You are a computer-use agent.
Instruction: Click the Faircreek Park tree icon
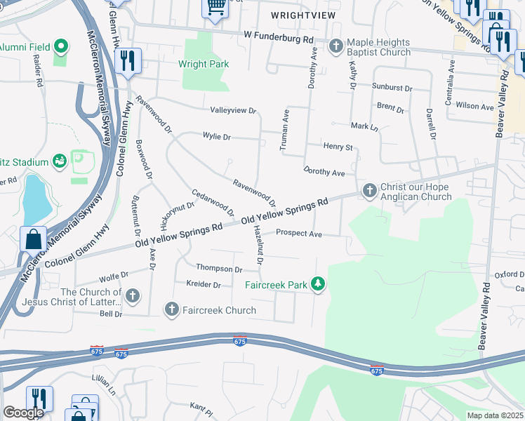pos(319,284)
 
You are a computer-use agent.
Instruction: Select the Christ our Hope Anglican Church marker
pos(369,190)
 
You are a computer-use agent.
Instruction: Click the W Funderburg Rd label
pos(278,34)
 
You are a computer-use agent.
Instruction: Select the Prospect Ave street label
pos(298,233)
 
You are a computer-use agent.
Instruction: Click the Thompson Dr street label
pos(218,269)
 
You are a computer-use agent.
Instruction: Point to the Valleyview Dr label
pos(234,111)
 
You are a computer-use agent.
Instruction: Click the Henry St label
pos(337,147)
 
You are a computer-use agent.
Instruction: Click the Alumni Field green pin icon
pos(61,47)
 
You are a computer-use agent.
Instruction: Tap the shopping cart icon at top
pos(215,7)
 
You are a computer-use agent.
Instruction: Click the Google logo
pos(23,413)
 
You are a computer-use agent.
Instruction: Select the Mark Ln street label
pos(364,127)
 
